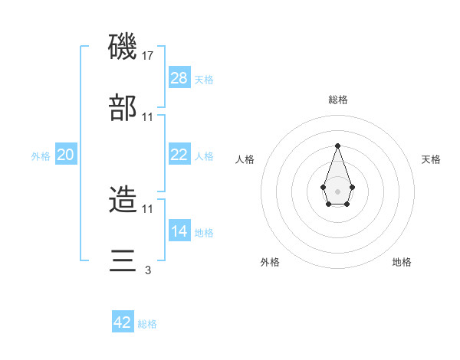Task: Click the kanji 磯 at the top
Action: coord(123,47)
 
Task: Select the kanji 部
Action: coord(123,108)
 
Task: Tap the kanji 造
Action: coord(123,200)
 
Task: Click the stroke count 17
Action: coord(148,55)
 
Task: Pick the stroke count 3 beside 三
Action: coord(148,269)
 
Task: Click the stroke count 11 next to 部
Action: coord(148,116)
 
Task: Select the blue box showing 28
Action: coord(179,77)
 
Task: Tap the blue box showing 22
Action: coord(179,154)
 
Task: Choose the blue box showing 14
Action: coord(179,231)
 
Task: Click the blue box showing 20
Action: coord(66,155)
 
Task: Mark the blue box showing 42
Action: coord(123,322)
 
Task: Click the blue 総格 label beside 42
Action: coord(147,324)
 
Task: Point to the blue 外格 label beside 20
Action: coord(41,156)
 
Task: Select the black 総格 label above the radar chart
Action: coord(337,100)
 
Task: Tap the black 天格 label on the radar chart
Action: coord(431,159)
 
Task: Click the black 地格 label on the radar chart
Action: coord(402,262)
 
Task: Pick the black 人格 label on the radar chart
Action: coord(245,159)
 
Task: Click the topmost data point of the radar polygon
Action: coord(337,146)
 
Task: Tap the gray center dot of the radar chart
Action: coord(337,190)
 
